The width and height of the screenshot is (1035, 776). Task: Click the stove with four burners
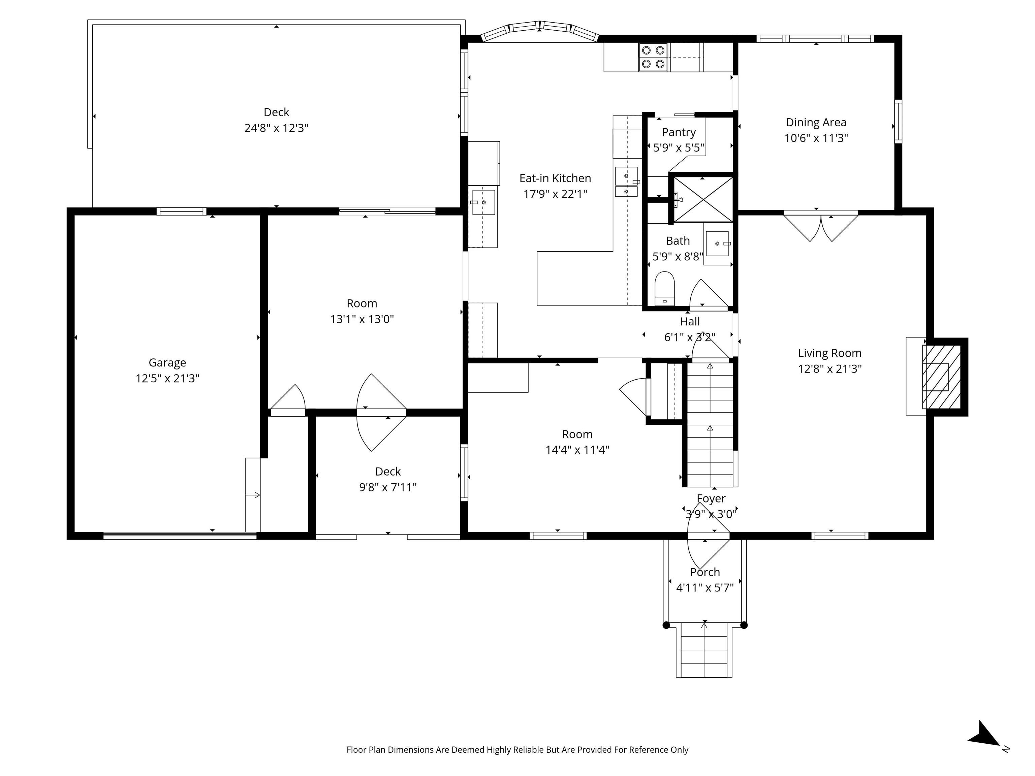tap(654, 57)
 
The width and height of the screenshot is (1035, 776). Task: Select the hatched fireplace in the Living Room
tap(941, 377)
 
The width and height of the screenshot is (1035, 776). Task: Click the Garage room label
tap(167, 362)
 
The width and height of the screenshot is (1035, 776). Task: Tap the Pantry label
tap(679, 132)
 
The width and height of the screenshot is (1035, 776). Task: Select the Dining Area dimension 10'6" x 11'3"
tap(816, 138)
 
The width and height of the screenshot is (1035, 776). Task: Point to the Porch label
tap(705, 572)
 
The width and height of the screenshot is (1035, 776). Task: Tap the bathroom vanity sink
tap(717, 243)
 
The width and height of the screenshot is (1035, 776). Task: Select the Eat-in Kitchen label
tap(555, 178)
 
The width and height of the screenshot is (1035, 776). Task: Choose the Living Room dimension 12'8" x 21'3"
tap(829, 368)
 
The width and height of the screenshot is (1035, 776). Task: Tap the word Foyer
tap(711, 498)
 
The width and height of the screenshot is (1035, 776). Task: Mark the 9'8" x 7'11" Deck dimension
tap(388, 487)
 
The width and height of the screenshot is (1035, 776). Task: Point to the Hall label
tap(690, 321)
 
